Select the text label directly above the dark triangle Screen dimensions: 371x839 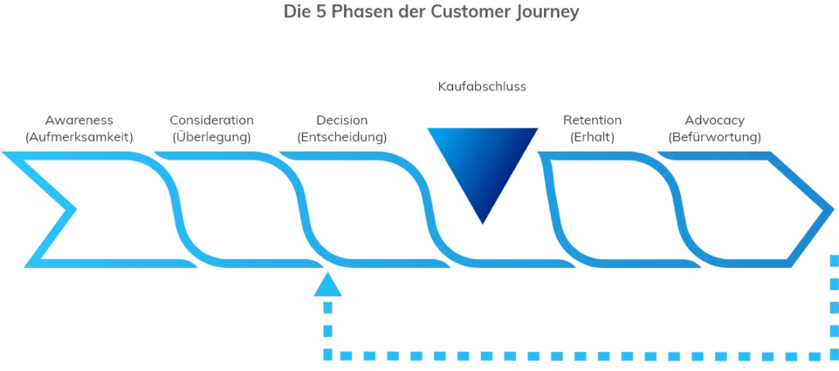[x=482, y=84]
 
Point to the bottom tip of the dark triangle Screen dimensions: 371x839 [x=483, y=224]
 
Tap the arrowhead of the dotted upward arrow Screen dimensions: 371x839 [x=327, y=284]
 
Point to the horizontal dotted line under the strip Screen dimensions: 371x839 [x=574, y=356]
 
